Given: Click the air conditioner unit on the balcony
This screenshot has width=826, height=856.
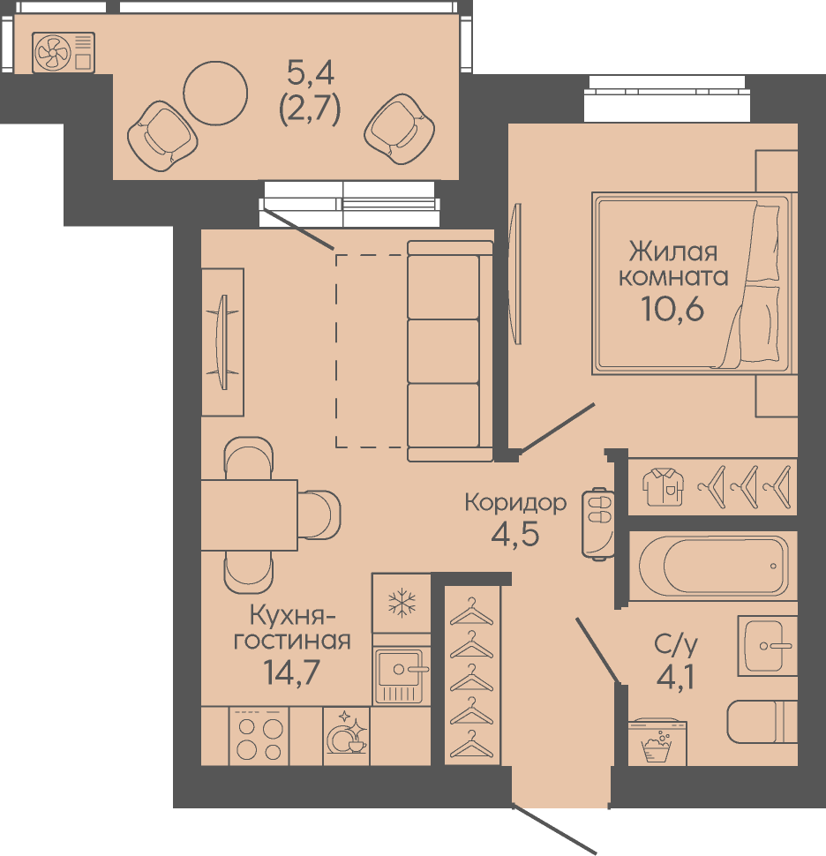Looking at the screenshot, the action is click(x=64, y=52).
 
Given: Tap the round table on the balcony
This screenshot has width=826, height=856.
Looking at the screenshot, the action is click(x=215, y=94).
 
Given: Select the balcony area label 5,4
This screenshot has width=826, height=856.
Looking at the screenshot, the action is click(x=310, y=72).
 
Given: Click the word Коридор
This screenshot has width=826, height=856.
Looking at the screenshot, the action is click(x=515, y=502).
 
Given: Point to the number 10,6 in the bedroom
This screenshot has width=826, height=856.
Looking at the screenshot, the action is click(x=672, y=309).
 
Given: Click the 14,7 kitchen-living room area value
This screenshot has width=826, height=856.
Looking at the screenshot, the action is click(x=291, y=672).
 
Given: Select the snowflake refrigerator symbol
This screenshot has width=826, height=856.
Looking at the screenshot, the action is click(x=402, y=603).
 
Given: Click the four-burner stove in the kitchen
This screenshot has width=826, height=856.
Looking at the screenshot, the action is click(x=259, y=737).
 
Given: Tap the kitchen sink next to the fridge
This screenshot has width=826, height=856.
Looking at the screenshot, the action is click(x=402, y=676).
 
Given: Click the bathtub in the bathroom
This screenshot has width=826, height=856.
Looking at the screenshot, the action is click(x=713, y=566).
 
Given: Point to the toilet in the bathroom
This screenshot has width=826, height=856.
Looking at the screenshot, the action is click(x=762, y=722).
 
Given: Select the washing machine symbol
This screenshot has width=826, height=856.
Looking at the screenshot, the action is click(x=657, y=743).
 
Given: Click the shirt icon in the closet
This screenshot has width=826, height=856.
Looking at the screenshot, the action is click(x=663, y=487).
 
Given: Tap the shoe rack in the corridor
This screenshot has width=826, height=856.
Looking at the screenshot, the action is click(x=597, y=523).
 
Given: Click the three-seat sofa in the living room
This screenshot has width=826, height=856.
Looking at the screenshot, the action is click(x=450, y=351).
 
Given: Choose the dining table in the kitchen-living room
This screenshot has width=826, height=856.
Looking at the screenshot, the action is click(x=249, y=514).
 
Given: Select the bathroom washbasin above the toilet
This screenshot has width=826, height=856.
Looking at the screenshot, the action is click(x=768, y=646).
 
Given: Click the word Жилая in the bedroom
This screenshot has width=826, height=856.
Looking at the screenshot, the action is click(x=673, y=252).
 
